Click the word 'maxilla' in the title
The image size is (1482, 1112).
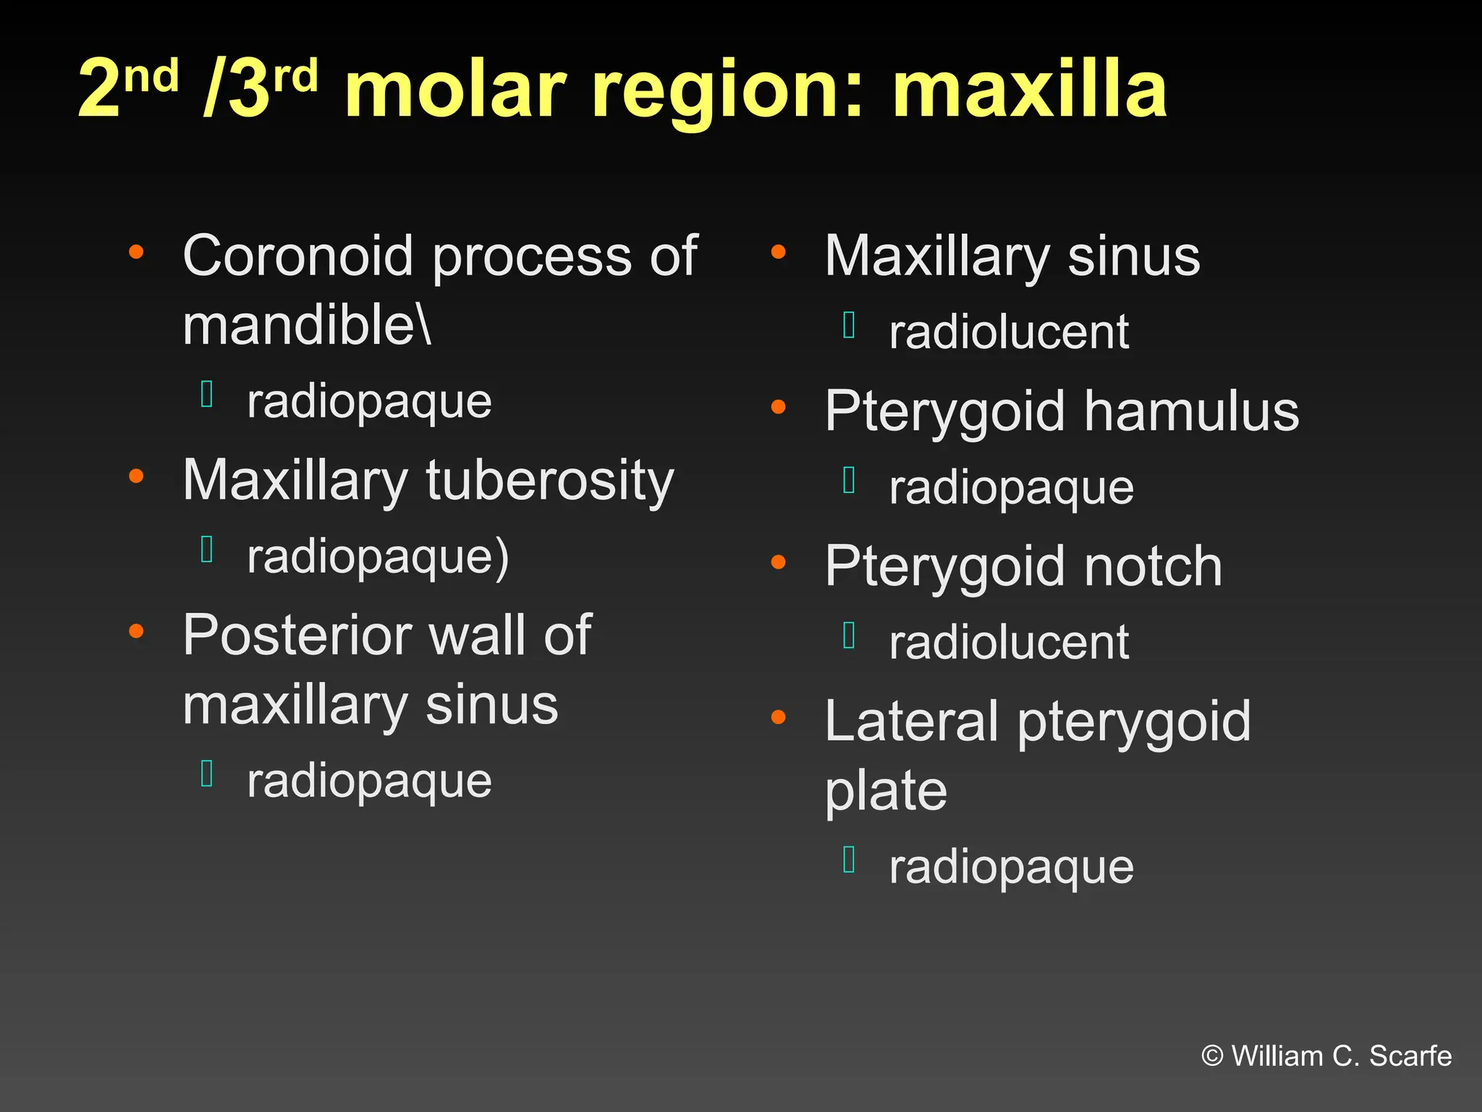click(x=1029, y=90)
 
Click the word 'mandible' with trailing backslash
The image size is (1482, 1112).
click(x=307, y=325)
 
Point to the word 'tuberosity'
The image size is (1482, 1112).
click(x=549, y=481)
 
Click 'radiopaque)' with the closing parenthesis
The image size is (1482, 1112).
click(x=378, y=557)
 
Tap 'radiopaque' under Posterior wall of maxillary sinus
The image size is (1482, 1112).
click(x=369, y=781)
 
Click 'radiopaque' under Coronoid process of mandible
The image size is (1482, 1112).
click(x=369, y=402)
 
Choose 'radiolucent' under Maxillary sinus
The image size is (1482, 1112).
click(x=1009, y=332)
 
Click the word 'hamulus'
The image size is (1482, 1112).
click(x=1191, y=411)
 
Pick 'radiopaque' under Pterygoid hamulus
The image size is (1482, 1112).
click(x=1011, y=488)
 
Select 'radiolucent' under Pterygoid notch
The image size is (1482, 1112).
click(x=1009, y=642)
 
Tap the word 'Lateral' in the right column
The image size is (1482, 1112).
click(x=911, y=721)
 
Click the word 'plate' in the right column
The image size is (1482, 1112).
click(x=886, y=791)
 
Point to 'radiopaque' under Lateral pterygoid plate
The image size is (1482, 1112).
click(x=1011, y=867)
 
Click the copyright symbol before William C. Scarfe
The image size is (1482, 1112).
click(x=1212, y=1056)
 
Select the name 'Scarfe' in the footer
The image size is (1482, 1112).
click(x=1410, y=1056)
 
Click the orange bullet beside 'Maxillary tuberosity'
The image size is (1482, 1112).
click(x=136, y=476)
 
